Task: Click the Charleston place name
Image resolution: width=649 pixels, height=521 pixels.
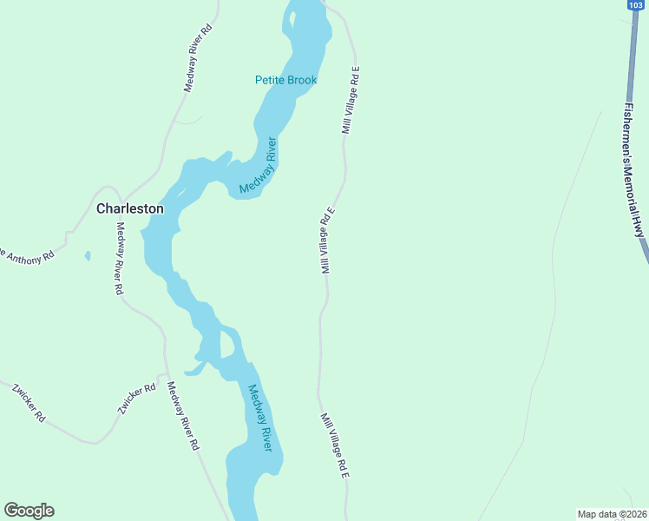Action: coord(129,208)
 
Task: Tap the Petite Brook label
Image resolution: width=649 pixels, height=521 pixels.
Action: coord(285,80)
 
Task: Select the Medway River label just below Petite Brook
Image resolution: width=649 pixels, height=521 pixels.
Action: coord(259,165)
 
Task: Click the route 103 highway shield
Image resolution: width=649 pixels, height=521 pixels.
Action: coord(634,5)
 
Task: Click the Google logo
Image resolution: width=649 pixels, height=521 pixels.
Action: coord(29,511)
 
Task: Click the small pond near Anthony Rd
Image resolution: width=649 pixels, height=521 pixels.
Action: coord(88,256)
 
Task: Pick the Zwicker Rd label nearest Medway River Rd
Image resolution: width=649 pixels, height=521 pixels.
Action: coord(138,400)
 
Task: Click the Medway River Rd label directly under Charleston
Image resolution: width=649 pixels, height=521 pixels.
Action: coord(120,259)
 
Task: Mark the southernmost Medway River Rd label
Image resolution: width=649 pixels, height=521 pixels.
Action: coord(183,416)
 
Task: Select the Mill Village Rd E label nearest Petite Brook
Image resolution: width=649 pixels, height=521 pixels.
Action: coord(350,99)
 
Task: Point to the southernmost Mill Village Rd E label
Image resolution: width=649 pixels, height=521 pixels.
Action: coord(334,445)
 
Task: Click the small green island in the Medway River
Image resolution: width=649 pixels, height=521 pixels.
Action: coord(226,345)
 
